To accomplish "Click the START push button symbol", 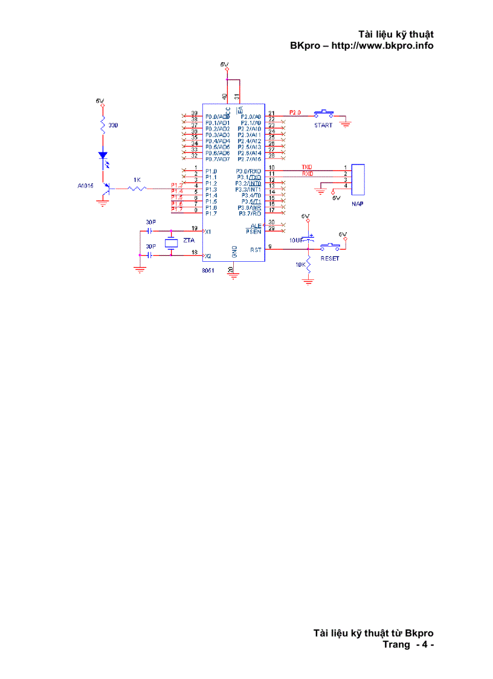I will point(324,113).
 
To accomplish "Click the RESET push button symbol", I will point(329,245).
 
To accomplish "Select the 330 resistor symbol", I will point(103,126).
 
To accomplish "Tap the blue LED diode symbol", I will point(103,155).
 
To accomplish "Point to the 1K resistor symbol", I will point(137,189).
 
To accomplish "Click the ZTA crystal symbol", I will point(171,242).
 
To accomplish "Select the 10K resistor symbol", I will point(308,265).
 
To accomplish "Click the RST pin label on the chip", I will point(256,249).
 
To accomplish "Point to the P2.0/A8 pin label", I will point(250,116).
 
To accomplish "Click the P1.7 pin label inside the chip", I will point(211,213).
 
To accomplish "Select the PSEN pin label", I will point(253,231).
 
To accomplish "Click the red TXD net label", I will point(307,167).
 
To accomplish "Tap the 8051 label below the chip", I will point(208,271).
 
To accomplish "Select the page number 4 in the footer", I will point(425,645).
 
